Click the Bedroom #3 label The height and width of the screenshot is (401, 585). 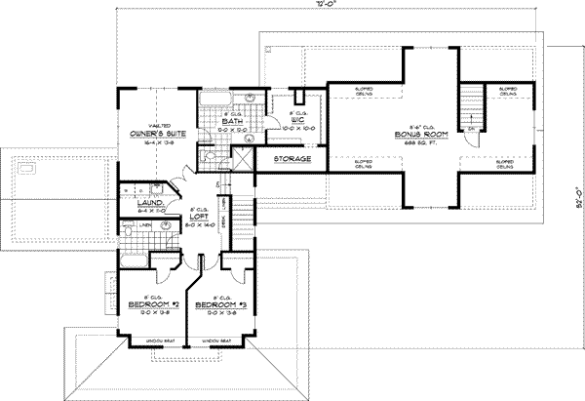pyautogui.click(x=220, y=304)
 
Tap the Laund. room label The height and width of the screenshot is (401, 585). pyautogui.click(x=136, y=202)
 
